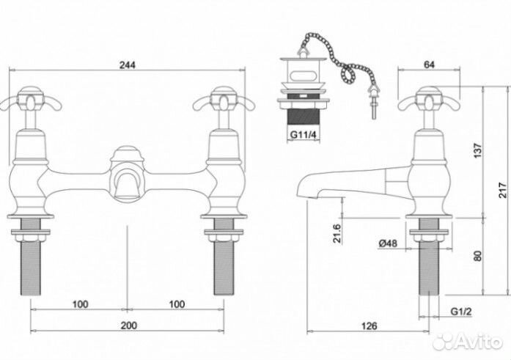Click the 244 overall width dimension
(127, 65)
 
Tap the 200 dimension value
(129, 326)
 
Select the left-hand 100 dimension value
(80, 304)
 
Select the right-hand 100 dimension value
(177, 304)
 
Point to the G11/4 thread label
(303, 135)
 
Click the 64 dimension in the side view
(429, 65)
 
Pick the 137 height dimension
(477, 150)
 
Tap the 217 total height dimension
(503, 190)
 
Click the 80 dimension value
(477, 256)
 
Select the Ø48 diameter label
(388, 243)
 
